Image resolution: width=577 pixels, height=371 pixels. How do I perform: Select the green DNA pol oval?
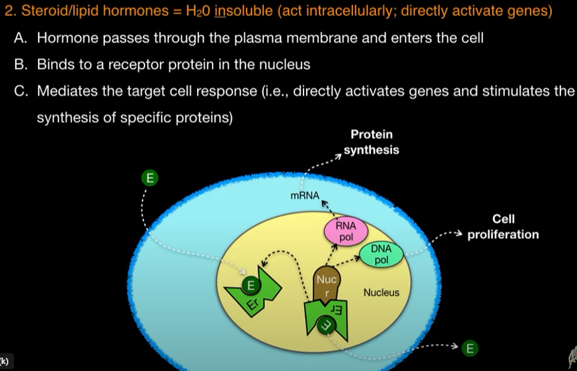(x=381, y=255)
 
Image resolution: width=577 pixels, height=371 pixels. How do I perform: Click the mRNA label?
(x=305, y=196)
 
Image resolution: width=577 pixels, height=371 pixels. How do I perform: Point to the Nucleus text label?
(x=381, y=292)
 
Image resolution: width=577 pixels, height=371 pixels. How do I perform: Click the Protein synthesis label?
(x=372, y=142)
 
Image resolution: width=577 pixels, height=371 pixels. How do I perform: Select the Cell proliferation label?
(x=503, y=227)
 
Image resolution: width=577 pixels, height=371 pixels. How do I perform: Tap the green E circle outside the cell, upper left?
(x=149, y=178)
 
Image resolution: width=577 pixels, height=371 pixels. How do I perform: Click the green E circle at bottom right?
(x=469, y=347)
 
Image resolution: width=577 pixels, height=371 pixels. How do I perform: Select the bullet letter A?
(x=20, y=38)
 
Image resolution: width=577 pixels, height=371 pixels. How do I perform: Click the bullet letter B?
(x=20, y=64)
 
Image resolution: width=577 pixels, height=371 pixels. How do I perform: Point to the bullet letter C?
(x=20, y=91)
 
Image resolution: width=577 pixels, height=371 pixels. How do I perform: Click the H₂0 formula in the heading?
(x=198, y=11)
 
